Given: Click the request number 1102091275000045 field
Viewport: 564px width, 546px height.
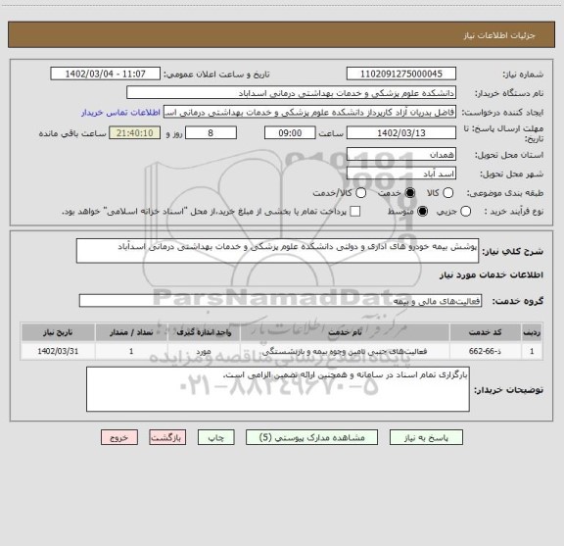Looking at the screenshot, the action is [400, 74].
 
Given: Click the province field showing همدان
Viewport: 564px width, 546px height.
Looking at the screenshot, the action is [400, 155].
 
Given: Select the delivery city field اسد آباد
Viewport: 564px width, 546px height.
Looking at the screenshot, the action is [400, 173].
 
